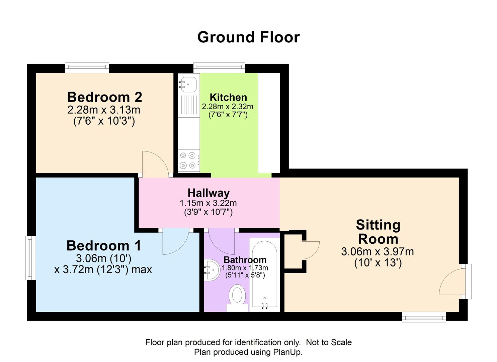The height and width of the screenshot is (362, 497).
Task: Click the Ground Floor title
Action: [x=248, y=37]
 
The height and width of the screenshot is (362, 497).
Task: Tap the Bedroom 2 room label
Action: [x=104, y=97]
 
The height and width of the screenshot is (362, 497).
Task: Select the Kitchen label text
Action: [x=228, y=97]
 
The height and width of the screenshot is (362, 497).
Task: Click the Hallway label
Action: [x=209, y=193]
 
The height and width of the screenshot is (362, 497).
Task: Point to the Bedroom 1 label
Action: [x=104, y=246]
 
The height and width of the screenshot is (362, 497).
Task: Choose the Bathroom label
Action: [x=245, y=260]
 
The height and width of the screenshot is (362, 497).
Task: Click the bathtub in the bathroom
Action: [x=264, y=275]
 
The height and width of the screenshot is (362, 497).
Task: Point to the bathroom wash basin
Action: [x=212, y=270]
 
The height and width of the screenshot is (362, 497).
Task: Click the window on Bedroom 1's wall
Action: [x=30, y=258]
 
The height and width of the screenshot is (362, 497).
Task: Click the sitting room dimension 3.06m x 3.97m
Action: [x=378, y=252]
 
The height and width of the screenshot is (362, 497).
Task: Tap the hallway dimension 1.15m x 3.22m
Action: [x=208, y=203]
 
